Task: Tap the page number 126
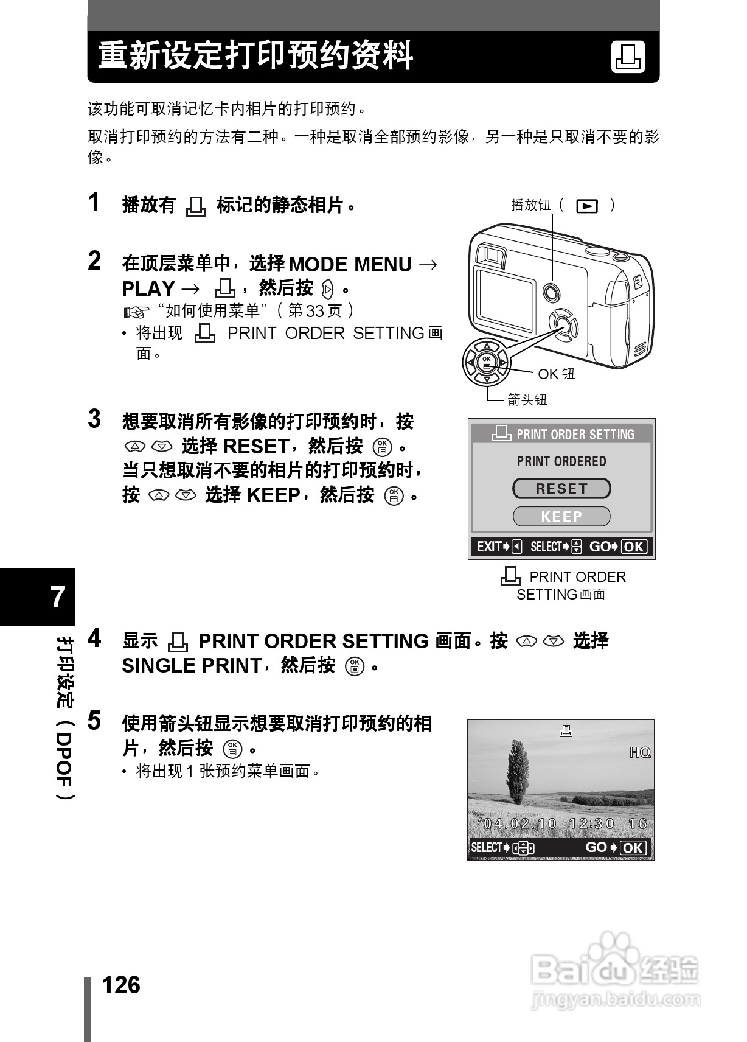[121, 985]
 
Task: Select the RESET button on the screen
[561, 489]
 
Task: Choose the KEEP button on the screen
[561, 517]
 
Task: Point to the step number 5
[94, 721]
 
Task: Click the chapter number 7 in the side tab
[58, 597]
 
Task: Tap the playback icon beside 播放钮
[586, 206]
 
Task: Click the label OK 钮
[556, 374]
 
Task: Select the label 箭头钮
[528, 400]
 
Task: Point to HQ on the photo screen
[640, 753]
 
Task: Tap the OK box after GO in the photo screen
[633, 848]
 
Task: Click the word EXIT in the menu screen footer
[488, 547]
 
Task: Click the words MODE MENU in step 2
[350, 265]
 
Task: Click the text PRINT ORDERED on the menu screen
[561, 461]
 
